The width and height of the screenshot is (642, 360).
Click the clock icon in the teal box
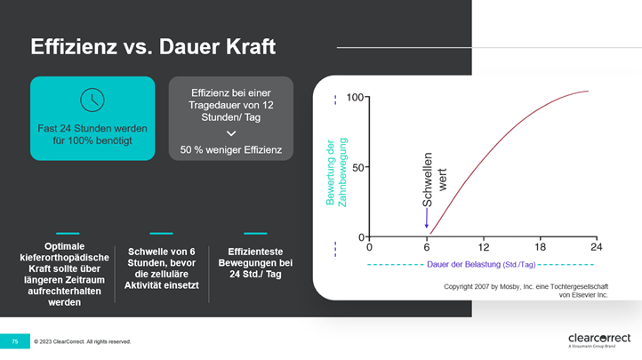click(x=92, y=100)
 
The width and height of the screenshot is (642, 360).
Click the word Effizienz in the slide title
click(x=74, y=46)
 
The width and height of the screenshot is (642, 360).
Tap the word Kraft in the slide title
click(x=251, y=46)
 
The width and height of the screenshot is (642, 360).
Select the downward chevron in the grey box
click(x=231, y=133)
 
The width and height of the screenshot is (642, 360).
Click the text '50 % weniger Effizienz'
click(x=231, y=149)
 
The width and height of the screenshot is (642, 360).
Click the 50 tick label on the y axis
click(x=357, y=167)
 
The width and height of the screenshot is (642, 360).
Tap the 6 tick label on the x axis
click(x=427, y=247)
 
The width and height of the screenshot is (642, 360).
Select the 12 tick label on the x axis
click(x=483, y=247)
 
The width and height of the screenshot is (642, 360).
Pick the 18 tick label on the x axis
click(x=540, y=247)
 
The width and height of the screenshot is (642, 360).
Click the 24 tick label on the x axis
click(x=597, y=247)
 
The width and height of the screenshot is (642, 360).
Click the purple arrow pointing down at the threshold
click(x=427, y=218)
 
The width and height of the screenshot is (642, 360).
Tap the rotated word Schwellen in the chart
click(x=427, y=180)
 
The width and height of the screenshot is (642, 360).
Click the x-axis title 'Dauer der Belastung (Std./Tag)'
click(x=481, y=265)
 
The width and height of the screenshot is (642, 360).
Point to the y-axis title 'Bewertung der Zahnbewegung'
click(x=336, y=172)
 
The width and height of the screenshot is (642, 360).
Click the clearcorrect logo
click(x=599, y=340)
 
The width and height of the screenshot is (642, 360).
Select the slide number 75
click(x=15, y=341)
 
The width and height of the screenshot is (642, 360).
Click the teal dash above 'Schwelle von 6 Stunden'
click(x=161, y=233)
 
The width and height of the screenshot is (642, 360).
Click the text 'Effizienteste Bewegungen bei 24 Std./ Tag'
click(x=255, y=263)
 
